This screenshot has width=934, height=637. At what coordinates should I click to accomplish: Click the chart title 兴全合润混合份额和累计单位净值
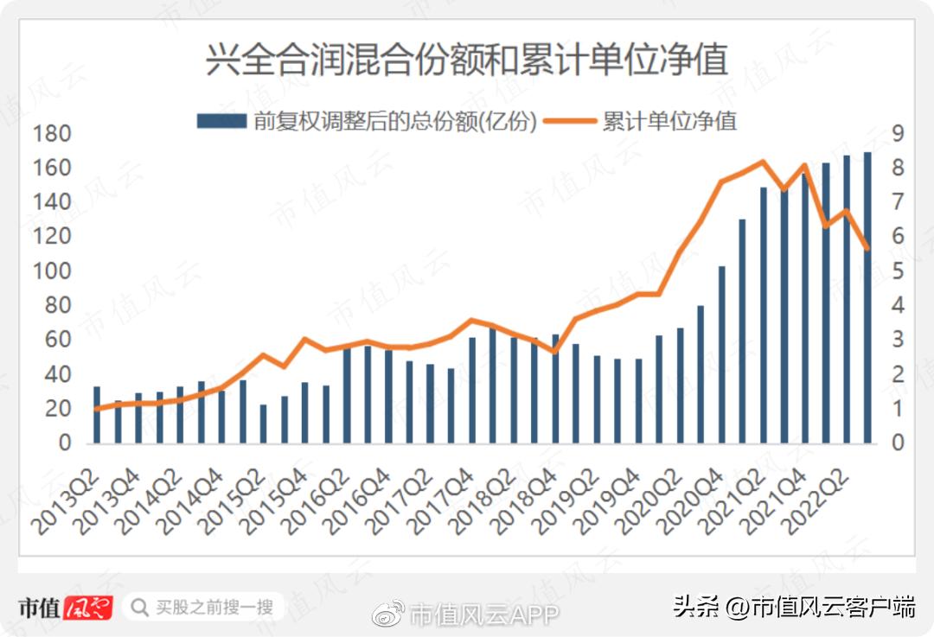click(466, 61)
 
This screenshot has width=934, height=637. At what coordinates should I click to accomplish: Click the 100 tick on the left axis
click(51, 271)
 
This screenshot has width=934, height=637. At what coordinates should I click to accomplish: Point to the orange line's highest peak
click(763, 162)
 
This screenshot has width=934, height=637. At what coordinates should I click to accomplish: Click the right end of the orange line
click(867, 249)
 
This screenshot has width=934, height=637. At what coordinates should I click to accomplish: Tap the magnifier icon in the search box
click(138, 608)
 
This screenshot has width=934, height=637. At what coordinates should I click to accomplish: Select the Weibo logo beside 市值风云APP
click(388, 613)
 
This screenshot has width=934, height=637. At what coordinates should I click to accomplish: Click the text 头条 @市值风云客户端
click(794, 608)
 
